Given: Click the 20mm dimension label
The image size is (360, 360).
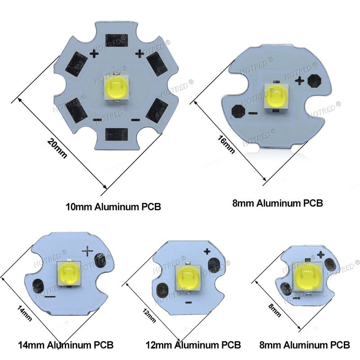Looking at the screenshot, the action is point(57,148).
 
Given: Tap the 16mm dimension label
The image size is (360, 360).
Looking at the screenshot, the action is point(226,144).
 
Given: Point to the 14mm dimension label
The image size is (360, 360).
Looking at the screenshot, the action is point(25,313).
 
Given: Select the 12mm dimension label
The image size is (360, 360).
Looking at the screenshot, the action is point(149,315).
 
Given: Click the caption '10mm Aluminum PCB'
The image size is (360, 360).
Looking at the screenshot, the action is point(113,207).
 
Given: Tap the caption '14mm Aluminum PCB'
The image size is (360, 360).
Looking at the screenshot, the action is point(66,345).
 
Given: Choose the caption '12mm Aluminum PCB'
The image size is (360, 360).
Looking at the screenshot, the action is point(193,345).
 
